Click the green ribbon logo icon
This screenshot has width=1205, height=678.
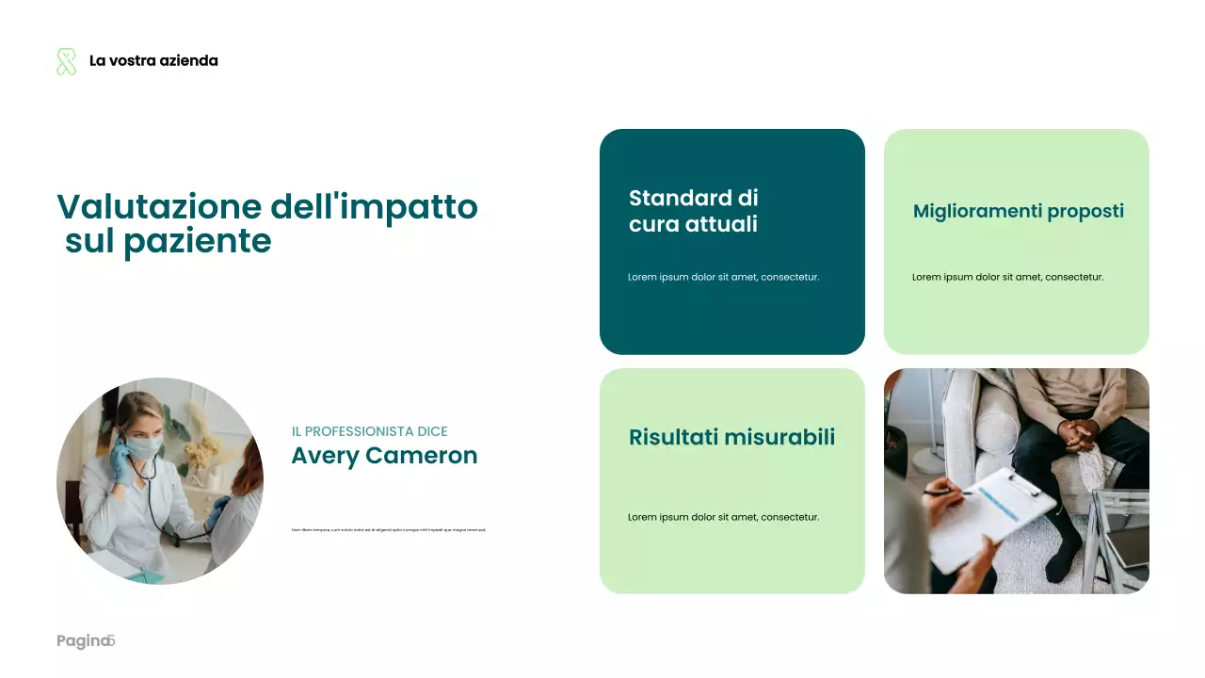[66, 61]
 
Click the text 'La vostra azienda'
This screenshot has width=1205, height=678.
[153, 61]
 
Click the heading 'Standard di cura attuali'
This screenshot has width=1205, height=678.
[693, 211]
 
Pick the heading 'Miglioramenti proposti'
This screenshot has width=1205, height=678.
[1018, 211]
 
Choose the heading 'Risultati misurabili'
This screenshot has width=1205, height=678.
[731, 437]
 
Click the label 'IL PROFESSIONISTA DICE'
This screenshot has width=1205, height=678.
[369, 431]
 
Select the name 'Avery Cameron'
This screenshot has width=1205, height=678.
[384, 456]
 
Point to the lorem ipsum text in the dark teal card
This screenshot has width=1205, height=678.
[723, 277]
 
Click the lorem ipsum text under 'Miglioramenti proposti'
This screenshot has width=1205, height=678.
[1007, 277]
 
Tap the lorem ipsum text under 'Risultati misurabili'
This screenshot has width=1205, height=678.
[723, 517]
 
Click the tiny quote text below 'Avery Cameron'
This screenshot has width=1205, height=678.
[389, 530]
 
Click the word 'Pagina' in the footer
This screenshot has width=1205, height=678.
[82, 641]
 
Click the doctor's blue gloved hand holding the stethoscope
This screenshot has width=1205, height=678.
[120, 459]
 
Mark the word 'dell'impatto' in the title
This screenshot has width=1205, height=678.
[374, 207]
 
